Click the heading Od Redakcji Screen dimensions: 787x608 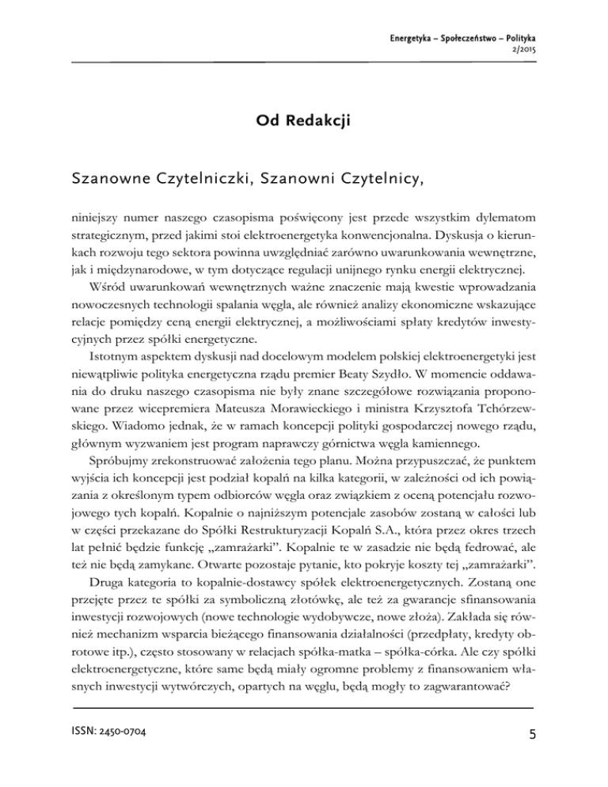(x=304, y=121)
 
